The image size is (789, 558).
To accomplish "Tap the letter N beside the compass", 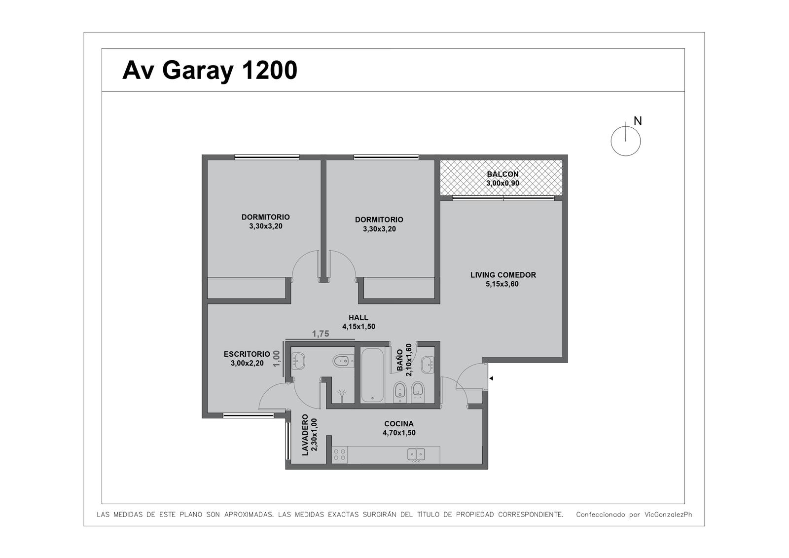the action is [x=638, y=121].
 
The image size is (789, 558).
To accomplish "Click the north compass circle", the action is [x=626, y=142].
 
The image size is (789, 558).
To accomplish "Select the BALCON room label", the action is [x=502, y=174].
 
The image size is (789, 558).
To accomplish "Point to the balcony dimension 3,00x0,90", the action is [x=502, y=183].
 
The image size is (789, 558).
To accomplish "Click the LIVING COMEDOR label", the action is [x=503, y=275].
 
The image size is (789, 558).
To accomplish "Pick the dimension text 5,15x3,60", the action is [x=502, y=284].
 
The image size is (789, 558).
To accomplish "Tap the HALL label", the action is [x=359, y=318].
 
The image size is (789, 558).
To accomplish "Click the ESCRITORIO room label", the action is [x=247, y=354].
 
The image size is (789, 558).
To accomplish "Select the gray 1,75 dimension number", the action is [x=321, y=334].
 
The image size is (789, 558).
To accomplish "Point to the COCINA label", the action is [x=399, y=424].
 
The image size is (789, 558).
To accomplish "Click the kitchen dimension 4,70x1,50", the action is [x=399, y=433].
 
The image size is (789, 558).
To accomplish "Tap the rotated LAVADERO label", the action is [x=305, y=435].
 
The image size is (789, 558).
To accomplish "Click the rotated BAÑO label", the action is [x=400, y=360].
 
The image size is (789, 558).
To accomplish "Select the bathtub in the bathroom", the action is [x=372, y=375].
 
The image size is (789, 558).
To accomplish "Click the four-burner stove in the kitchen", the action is [x=340, y=455].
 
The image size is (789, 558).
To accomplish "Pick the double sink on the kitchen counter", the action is [x=416, y=455].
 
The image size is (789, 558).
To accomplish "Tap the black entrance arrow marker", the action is [x=491, y=378].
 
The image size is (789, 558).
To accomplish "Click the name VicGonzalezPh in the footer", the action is [x=668, y=515].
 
